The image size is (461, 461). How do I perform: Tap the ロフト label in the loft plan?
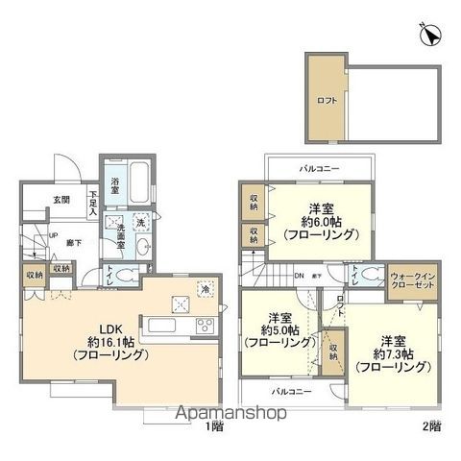(x=327, y=98)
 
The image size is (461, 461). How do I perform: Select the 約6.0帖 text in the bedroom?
(x=322, y=220)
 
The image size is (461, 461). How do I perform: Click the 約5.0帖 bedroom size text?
(x=279, y=329)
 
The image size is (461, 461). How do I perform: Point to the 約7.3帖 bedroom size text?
(x=391, y=353)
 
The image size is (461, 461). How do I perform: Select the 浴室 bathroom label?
(x=116, y=182)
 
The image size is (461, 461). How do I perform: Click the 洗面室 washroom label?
(x=119, y=232)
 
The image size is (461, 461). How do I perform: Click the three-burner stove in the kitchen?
(x=206, y=325)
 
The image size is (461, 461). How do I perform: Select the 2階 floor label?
(x=429, y=425)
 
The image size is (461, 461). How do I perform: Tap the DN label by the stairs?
(x=299, y=275)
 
